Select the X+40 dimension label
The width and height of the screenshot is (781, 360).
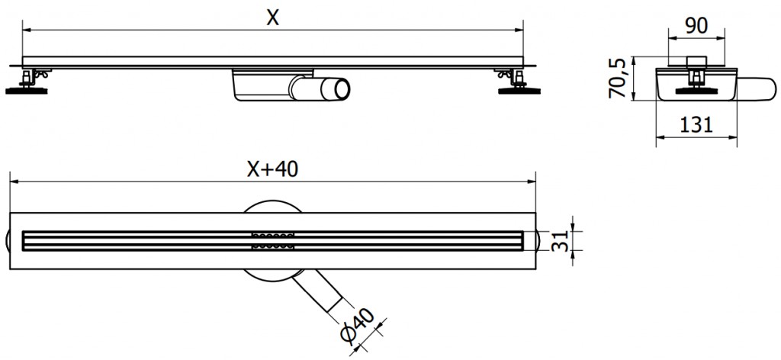(272, 170)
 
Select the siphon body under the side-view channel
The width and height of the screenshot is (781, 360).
(259, 87)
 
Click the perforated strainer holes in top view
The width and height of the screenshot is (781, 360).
(271, 240)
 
